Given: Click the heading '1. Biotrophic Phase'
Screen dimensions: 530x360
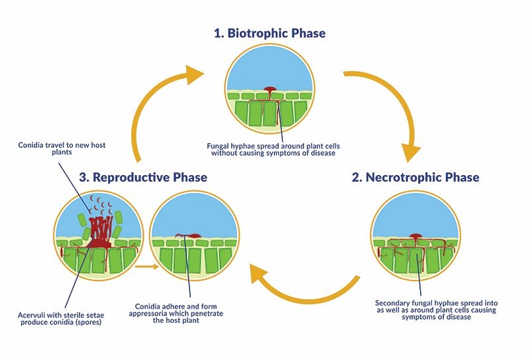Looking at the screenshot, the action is tap(270, 33).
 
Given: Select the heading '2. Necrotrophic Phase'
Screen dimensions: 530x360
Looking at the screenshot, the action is tap(415, 177).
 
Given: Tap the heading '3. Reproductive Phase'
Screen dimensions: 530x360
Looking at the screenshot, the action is tap(143, 177).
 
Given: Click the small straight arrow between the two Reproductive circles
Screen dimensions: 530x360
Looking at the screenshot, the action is tap(146, 267).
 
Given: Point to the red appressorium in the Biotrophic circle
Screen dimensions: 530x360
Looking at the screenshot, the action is tap(270, 90).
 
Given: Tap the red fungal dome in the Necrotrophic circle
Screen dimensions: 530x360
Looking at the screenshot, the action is tap(416, 236).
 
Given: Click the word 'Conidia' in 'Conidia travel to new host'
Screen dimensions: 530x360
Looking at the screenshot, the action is tap(30, 145).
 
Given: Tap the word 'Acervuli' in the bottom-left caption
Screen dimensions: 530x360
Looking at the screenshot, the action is tap(30, 316).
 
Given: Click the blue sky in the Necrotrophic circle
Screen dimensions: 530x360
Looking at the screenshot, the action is tap(416, 213).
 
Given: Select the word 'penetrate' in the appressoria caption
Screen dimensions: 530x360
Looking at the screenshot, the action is tap(208, 314).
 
